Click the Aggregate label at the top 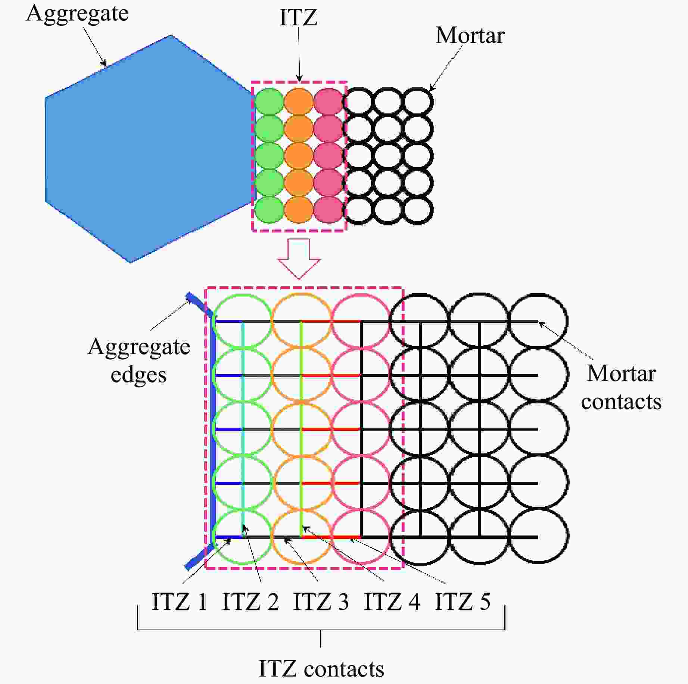(x=77, y=14)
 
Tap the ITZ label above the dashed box (x=298, y=18)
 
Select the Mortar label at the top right (x=470, y=36)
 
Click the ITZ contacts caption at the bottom (x=321, y=669)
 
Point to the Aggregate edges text (x=139, y=360)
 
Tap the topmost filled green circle (x=269, y=101)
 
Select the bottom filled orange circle (x=298, y=210)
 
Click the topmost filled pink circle (x=328, y=101)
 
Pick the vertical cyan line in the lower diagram (x=243, y=429)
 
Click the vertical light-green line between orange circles (x=301, y=429)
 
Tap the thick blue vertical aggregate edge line (x=213, y=429)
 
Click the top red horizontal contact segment (x=331, y=321)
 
